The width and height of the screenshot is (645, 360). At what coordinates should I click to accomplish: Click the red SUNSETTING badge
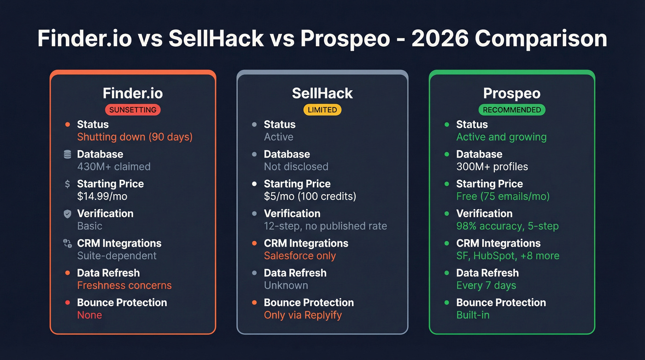[133, 110]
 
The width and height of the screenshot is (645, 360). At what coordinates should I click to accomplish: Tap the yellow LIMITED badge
[322, 110]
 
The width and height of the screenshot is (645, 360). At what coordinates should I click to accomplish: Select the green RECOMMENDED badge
[511, 110]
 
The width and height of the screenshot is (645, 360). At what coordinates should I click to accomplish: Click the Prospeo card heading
[511, 94]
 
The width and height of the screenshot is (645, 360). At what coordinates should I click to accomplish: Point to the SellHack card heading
[322, 94]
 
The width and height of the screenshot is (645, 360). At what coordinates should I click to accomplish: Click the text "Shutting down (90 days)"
[135, 137]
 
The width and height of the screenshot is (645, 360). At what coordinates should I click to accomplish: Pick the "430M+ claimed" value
[114, 166]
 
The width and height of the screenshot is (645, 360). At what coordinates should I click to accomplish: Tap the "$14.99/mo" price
[102, 196]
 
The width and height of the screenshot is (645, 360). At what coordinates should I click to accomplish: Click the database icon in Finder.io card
[68, 154]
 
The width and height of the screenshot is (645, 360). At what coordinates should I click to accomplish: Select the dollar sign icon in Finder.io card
[68, 184]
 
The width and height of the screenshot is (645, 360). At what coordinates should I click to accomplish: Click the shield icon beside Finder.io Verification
[68, 214]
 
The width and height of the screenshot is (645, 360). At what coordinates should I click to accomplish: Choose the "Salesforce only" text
[300, 256]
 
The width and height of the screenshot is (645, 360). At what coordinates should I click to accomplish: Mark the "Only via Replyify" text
[303, 315]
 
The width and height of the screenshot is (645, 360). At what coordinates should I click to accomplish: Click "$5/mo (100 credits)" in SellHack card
[310, 196]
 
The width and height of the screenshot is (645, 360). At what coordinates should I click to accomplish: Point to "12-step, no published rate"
[325, 226]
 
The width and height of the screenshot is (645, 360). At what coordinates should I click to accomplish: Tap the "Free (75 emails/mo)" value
[503, 196]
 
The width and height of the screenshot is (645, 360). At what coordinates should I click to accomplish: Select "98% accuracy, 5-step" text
[507, 226]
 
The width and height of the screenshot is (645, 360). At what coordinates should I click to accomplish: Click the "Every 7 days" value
[486, 285]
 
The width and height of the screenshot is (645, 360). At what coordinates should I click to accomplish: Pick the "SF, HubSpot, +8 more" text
[508, 256]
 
